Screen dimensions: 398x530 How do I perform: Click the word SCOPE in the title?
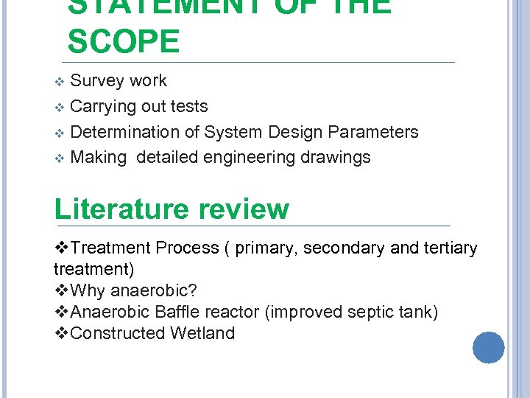[123, 42]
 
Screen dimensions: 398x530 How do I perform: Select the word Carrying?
[103, 107]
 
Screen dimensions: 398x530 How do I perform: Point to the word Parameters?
[373, 132]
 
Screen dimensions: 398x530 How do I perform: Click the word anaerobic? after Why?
[155, 290]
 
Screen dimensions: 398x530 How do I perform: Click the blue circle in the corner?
[489, 347]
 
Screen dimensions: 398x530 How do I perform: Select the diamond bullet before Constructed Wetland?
[63, 333]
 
